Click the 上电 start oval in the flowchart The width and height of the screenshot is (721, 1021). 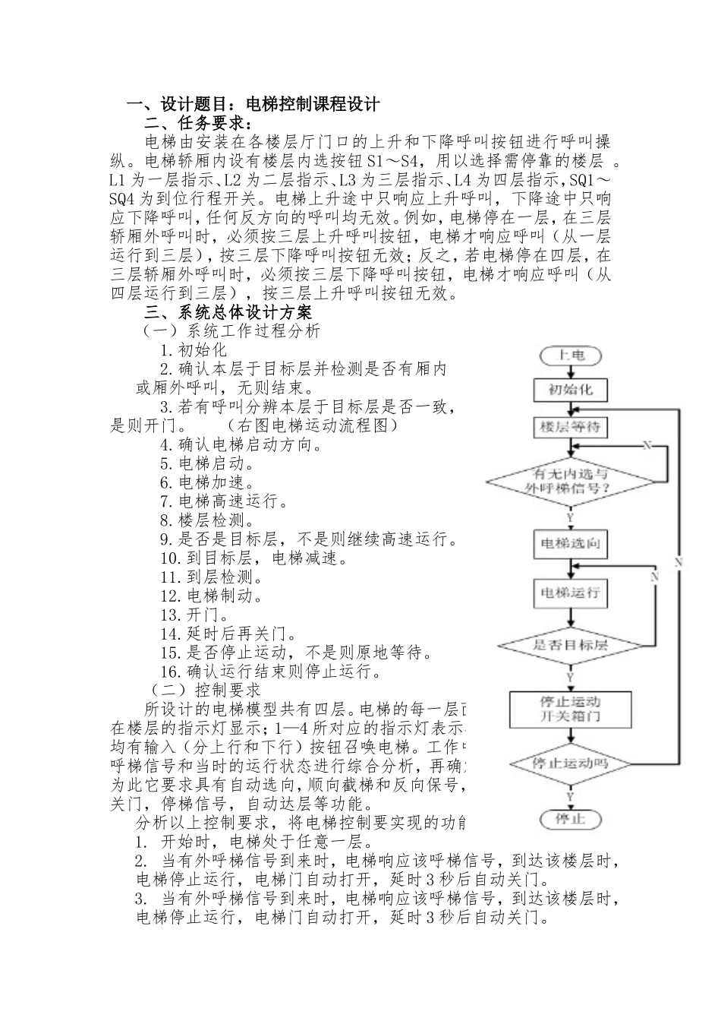click(569, 355)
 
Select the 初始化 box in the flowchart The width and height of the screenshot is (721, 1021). click(570, 390)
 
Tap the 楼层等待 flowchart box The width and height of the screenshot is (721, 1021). click(570, 427)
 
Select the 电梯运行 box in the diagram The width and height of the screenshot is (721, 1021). click(570, 591)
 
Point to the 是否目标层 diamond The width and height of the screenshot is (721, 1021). click(570, 645)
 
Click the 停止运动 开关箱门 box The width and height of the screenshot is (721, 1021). click(570, 709)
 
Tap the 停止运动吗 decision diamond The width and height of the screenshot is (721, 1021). click(570, 763)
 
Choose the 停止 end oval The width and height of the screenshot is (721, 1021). click(570, 819)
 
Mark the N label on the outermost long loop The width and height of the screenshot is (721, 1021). click(678, 562)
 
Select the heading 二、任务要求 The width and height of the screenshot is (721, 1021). click(199, 124)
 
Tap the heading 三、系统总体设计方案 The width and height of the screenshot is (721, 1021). click(228, 312)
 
